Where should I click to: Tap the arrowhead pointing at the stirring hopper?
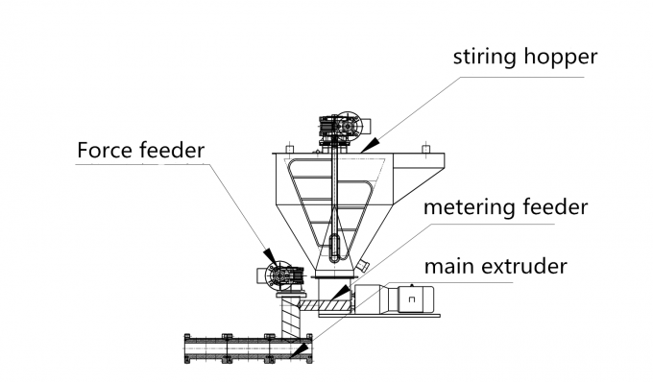(371, 145)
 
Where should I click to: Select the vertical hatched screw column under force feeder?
(287, 315)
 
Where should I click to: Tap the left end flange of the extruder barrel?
(187, 348)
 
